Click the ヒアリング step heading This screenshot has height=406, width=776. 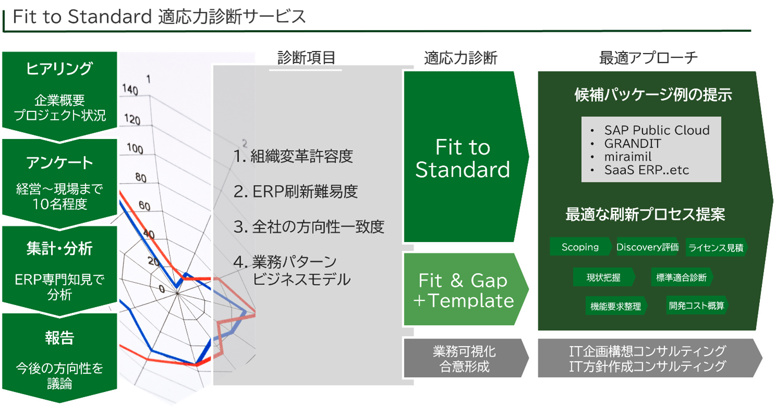pos(59,69)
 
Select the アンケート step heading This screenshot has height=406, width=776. pos(59,163)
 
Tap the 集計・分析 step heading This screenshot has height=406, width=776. pos(59,249)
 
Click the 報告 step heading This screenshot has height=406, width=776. pos(59,338)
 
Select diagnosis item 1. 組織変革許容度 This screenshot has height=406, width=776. pos(293,156)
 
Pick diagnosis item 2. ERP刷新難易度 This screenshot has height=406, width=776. pos(295,192)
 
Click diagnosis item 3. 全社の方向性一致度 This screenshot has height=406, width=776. pos(309,227)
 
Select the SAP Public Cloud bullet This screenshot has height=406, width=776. pos(656,130)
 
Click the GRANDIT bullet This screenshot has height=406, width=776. pos(632,143)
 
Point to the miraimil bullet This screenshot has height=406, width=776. pos(627,156)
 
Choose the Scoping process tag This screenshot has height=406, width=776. pos(580,247)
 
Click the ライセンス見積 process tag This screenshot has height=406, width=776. pos(716,248)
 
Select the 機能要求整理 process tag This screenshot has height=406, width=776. pos(615,307)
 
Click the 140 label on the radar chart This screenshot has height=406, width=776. pos(130,91)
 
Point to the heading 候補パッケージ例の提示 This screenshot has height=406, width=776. pos(653,95)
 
